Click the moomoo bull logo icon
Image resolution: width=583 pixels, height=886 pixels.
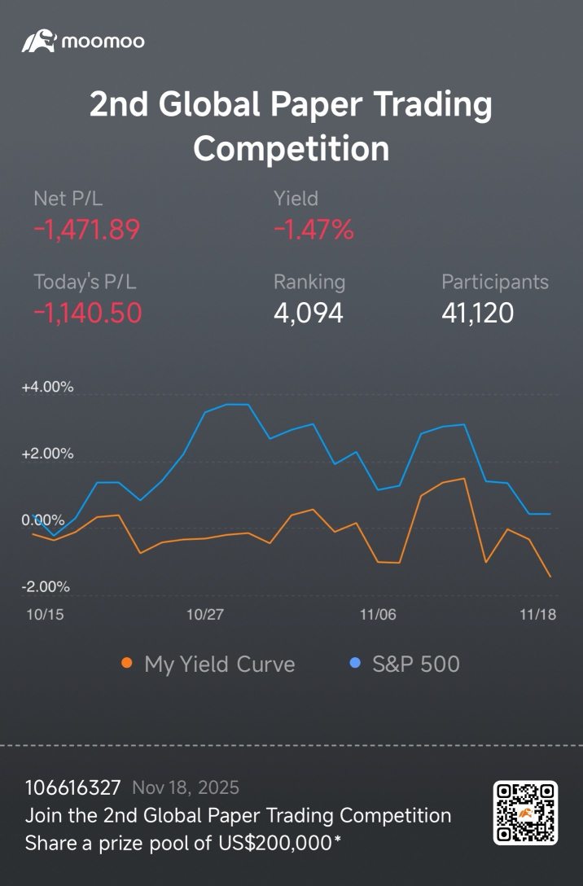click(x=39, y=42)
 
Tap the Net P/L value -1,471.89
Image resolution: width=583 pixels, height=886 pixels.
click(x=86, y=230)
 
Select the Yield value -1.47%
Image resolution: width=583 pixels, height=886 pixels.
click(x=313, y=230)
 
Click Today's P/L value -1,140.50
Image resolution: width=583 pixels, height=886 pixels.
click(x=88, y=313)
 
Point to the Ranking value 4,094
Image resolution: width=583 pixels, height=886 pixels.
click(x=309, y=313)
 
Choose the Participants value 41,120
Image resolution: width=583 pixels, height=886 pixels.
click(x=477, y=313)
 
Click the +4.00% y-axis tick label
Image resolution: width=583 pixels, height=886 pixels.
click(x=47, y=387)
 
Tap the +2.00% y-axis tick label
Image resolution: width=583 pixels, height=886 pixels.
click(x=47, y=454)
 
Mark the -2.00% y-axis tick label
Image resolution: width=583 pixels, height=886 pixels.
click(x=46, y=587)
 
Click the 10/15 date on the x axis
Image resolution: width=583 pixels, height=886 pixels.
click(x=46, y=615)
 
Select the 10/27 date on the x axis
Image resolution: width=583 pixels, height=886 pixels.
click(x=205, y=615)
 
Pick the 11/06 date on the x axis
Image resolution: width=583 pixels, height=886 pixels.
click(x=378, y=615)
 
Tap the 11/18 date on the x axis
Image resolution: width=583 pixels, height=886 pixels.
click(x=537, y=615)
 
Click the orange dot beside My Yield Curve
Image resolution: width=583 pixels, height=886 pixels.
click(x=126, y=664)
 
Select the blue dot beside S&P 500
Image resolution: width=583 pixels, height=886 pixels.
click(x=355, y=664)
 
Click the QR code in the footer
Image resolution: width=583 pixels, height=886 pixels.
click(x=525, y=813)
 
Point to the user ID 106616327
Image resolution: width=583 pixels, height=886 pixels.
click(x=73, y=787)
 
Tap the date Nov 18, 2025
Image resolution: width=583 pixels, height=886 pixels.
click(x=186, y=788)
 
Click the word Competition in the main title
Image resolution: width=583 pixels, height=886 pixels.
click(x=291, y=149)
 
